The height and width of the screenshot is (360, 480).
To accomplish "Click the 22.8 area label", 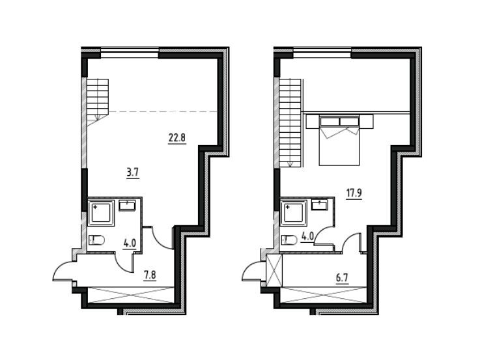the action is [x=177, y=138].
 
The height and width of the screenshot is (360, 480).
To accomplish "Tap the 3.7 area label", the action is [x=133, y=173].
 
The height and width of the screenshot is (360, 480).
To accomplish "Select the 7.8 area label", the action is [x=150, y=275].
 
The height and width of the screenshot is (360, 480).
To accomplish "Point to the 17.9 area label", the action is [x=354, y=193].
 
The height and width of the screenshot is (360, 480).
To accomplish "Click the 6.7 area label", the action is [x=342, y=278].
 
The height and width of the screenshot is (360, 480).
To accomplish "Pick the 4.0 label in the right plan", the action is [x=307, y=237].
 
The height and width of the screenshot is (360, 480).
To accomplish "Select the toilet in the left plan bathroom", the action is [x=97, y=240].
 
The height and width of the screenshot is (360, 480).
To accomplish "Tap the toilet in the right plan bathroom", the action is [x=289, y=240].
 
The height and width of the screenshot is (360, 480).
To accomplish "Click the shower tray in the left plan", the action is [x=101, y=213].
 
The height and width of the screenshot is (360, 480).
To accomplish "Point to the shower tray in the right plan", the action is [x=293, y=213].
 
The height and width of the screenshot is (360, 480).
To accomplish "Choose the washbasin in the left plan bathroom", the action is [x=128, y=205].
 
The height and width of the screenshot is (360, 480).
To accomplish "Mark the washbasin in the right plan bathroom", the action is [x=319, y=204].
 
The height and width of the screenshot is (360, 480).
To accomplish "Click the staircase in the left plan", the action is [x=98, y=100].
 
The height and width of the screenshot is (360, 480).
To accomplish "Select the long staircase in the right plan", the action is [x=290, y=122].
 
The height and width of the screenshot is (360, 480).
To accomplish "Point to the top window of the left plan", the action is [x=130, y=52].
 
